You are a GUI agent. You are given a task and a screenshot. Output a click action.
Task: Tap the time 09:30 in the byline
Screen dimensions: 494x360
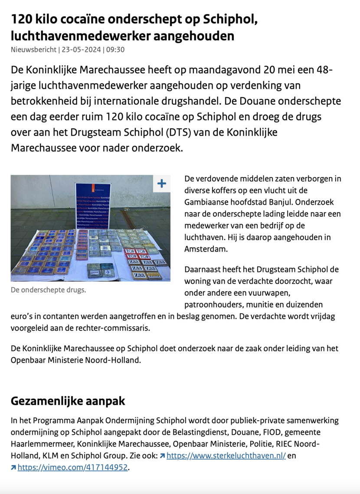[115, 49]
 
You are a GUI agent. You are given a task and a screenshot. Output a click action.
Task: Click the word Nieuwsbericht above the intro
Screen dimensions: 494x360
[33, 49]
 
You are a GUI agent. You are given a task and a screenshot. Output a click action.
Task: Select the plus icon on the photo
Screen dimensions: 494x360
[161, 183]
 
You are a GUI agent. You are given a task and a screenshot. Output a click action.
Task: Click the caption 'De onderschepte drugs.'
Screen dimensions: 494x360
[48, 290]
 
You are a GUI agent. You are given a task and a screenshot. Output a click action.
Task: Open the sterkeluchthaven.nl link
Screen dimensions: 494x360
[226, 456]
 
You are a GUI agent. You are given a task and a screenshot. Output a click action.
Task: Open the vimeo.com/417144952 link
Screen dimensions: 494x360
[73, 468]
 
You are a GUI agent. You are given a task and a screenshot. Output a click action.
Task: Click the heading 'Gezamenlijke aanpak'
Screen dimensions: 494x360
[68, 401]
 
